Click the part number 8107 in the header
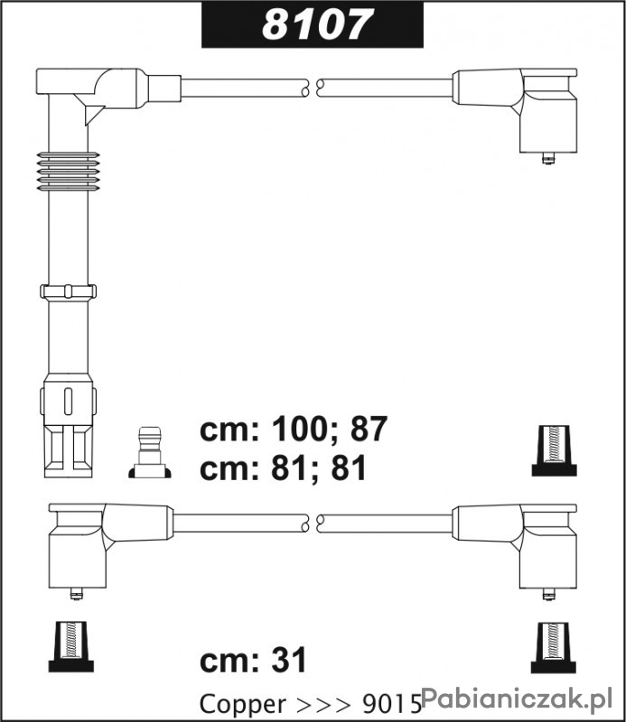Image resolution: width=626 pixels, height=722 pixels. click(x=316, y=24)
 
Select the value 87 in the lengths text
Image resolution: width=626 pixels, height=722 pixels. click(x=369, y=429)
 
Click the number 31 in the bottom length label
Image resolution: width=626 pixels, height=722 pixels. click(x=288, y=660)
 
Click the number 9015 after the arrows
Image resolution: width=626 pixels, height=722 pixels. click(x=392, y=704)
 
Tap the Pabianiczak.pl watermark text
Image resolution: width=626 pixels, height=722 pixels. click(x=517, y=699)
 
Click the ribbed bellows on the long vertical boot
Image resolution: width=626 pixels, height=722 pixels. click(x=68, y=171)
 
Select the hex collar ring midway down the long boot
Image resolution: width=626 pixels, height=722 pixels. click(x=69, y=291)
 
